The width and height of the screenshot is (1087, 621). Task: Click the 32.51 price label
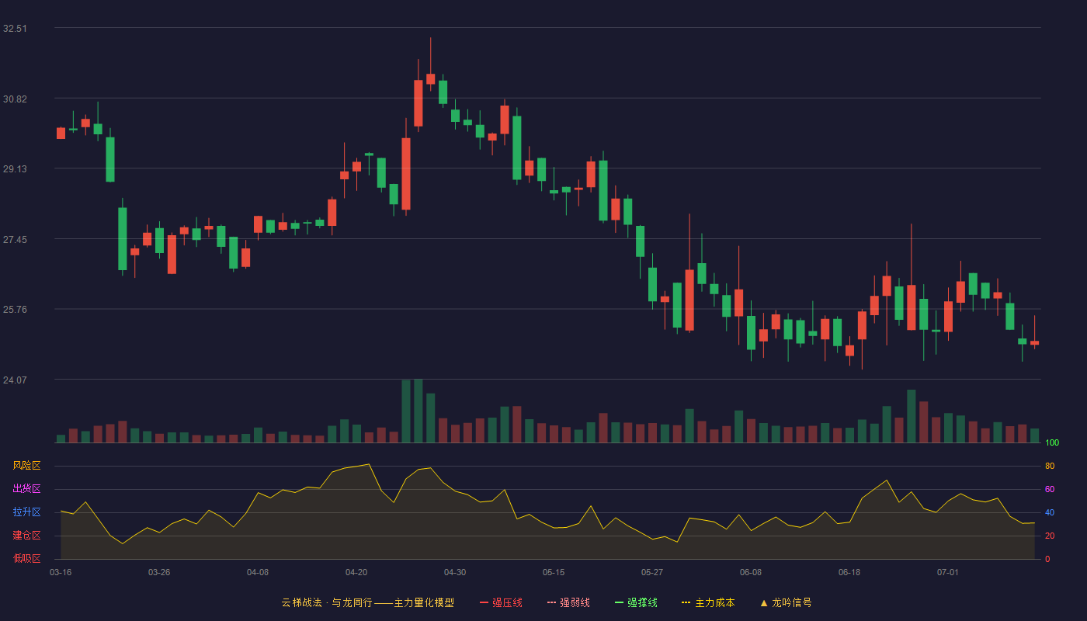(x=15, y=29)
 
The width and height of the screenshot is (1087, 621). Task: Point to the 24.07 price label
(x=15, y=380)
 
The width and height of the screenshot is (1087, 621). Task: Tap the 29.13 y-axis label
(x=15, y=169)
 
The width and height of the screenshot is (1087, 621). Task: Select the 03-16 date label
(x=61, y=573)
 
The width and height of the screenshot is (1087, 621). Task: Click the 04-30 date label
(x=455, y=573)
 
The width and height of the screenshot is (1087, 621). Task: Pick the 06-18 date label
(x=849, y=573)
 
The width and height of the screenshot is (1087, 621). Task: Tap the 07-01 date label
(x=948, y=573)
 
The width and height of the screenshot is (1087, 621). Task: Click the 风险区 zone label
(x=26, y=466)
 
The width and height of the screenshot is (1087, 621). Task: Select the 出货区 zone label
(x=26, y=488)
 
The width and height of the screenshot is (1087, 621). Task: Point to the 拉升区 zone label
(x=26, y=512)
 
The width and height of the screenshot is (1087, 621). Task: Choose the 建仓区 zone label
(x=26, y=535)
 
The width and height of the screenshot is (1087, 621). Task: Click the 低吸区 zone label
(x=26, y=558)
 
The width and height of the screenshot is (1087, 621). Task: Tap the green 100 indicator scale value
(x=1052, y=442)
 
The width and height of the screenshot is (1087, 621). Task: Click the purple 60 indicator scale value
(x=1050, y=489)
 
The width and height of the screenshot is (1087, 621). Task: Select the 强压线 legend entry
(x=501, y=602)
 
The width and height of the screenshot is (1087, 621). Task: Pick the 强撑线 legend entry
(x=636, y=602)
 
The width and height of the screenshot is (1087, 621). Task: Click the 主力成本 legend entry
(x=708, y=602)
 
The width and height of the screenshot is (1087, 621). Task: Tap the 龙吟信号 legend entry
(x=786, y=602)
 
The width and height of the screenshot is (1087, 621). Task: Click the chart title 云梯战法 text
(x=302, y=602)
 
